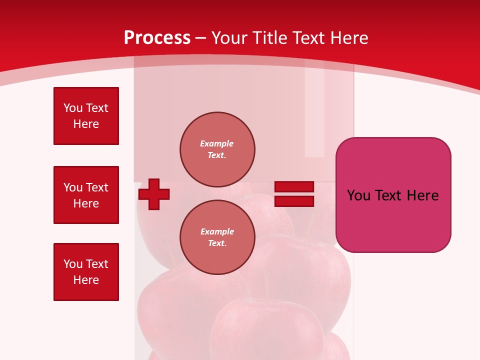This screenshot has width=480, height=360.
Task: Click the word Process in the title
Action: [157, 37]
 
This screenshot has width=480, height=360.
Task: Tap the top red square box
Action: [86, 116]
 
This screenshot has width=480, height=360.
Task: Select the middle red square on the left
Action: [86, 195]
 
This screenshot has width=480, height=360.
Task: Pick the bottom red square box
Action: [86, 272]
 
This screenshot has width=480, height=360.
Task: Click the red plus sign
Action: [154, 194]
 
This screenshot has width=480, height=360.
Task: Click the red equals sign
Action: [294, 194]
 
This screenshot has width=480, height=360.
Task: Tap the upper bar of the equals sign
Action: [294, 187]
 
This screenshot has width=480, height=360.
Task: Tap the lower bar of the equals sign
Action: [294, 201]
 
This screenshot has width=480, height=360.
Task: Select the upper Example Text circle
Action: [217, 149]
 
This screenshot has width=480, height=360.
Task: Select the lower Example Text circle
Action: [217, 237]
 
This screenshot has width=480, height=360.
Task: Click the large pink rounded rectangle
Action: [393, 195]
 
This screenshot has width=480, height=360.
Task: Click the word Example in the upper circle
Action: [217, 143]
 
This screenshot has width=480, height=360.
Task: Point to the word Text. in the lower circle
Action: [217, 243]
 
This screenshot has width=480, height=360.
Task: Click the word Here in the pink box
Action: [422, 195]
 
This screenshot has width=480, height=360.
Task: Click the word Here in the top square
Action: [86, 124]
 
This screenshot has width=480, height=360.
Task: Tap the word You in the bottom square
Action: [73, 264]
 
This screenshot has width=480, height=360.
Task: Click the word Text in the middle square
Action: [97, 187]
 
